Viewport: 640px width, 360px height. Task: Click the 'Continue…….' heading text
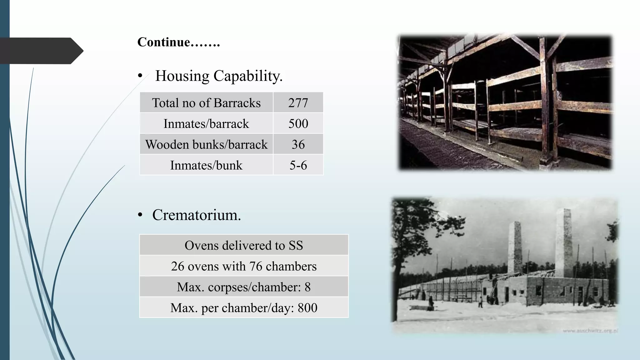[x=179, y=42]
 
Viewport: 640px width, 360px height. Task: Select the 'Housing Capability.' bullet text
[x=219, y=76]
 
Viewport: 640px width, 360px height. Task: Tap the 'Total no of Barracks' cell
[x=206, y=103]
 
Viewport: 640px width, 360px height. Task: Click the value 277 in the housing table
[x=298, y=103]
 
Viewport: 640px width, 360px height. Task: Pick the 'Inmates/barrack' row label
[x=206, y=124]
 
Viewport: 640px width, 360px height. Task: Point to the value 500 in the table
[x=298, y=124]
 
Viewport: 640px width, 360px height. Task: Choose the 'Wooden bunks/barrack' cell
[x=206, y=144]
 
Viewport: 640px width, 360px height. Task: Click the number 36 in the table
[x=298, y=144]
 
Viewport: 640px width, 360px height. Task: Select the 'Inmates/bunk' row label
[x=206, y=165]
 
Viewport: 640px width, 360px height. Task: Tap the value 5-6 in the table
[x=298, y=165]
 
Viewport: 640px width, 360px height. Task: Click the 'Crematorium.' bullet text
[x=197, y=215]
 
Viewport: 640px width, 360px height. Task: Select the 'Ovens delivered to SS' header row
[x=244, y=245]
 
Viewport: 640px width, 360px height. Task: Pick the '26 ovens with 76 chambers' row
[x=244, y=266]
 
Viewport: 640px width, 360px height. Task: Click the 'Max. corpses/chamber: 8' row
[x=244, y=287]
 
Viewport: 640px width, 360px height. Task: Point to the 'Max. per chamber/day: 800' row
[x=244, y=308]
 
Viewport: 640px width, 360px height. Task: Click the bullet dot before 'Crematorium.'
[x=140, y=215]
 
